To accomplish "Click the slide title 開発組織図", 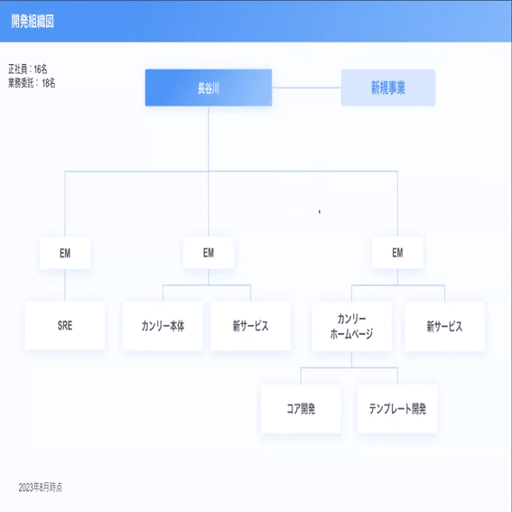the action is pyautogui.click(x=33, y=22).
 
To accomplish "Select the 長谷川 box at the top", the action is pyautogui.click(x=209, y=88).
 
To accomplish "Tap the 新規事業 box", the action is pyautogui.click(x=388, y=88).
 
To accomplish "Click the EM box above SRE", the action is pyautogui.click(x=65, y=253).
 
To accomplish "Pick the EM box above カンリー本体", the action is pyautogui.click(x=209, y=253).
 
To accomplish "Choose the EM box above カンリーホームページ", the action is pyautogui.click(x=397, y=253).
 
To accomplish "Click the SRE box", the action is pyautogui.click(x=65, y=326).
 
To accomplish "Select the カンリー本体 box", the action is pyautogui.click(x=163, y=326).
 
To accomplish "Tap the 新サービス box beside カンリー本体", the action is pyautogui.click(x=250, y=326).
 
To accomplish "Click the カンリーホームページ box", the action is pyautogui.click(x=351, y=326).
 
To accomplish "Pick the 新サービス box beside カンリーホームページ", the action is pyautogui.click(x=444, y=326).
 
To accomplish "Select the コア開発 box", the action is pyautogui.click(x=301, y=409).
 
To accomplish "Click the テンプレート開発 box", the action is pyautogui.click(x=397, y=409).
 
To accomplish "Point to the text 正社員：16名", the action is pyautogui.click(x=28, y=70).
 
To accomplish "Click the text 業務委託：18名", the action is pyautogui.click(x=32, y=83).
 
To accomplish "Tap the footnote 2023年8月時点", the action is pyautogui.click(x=40, y=488).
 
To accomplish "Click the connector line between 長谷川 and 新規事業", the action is pyautogui.click(x=307, y=88).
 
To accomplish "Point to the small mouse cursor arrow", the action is pyautogui.click(x=320, y=212).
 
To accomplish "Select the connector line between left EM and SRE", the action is pyautogui.click(x=65, y=285).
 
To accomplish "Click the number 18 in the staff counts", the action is pyautogui.click(x=46, y=83).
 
